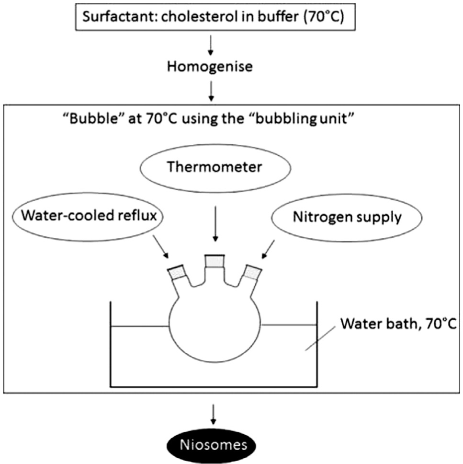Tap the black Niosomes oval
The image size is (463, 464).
coord(214,444)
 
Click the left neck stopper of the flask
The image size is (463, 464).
coord(178,272)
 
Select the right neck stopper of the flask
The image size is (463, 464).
coord(252,272)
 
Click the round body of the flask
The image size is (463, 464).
coord(215,326)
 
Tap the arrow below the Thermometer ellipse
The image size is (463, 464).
coord(215,226)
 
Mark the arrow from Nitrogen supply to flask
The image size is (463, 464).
coord(268,247)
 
